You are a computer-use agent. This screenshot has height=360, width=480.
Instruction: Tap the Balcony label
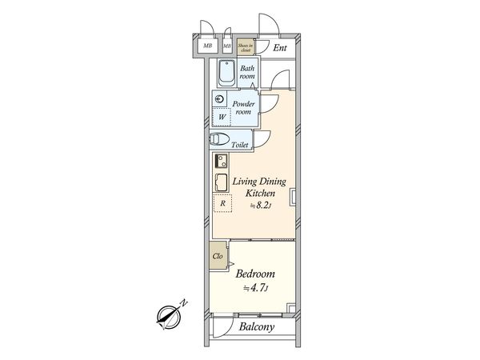click(257, 327)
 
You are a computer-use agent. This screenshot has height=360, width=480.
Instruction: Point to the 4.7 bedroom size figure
click(257, 289)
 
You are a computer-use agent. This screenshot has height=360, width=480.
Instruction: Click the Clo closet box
click(218, 258)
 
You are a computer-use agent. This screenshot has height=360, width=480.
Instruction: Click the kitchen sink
click(221, 182)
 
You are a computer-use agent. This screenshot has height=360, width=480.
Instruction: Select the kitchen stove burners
click(221, 160)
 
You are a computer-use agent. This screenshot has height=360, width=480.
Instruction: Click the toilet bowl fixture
click(218, 140)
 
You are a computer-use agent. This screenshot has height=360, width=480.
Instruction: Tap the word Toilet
click(240, 145)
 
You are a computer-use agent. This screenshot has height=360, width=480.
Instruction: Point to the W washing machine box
click(222, 118)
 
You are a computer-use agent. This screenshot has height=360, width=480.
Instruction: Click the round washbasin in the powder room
click(218, 99)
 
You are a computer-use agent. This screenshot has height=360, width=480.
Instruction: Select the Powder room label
click(244, 108)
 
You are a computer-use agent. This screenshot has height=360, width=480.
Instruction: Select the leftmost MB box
click(207, 46)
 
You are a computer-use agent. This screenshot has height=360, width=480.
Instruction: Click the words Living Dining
click(259, 182)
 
